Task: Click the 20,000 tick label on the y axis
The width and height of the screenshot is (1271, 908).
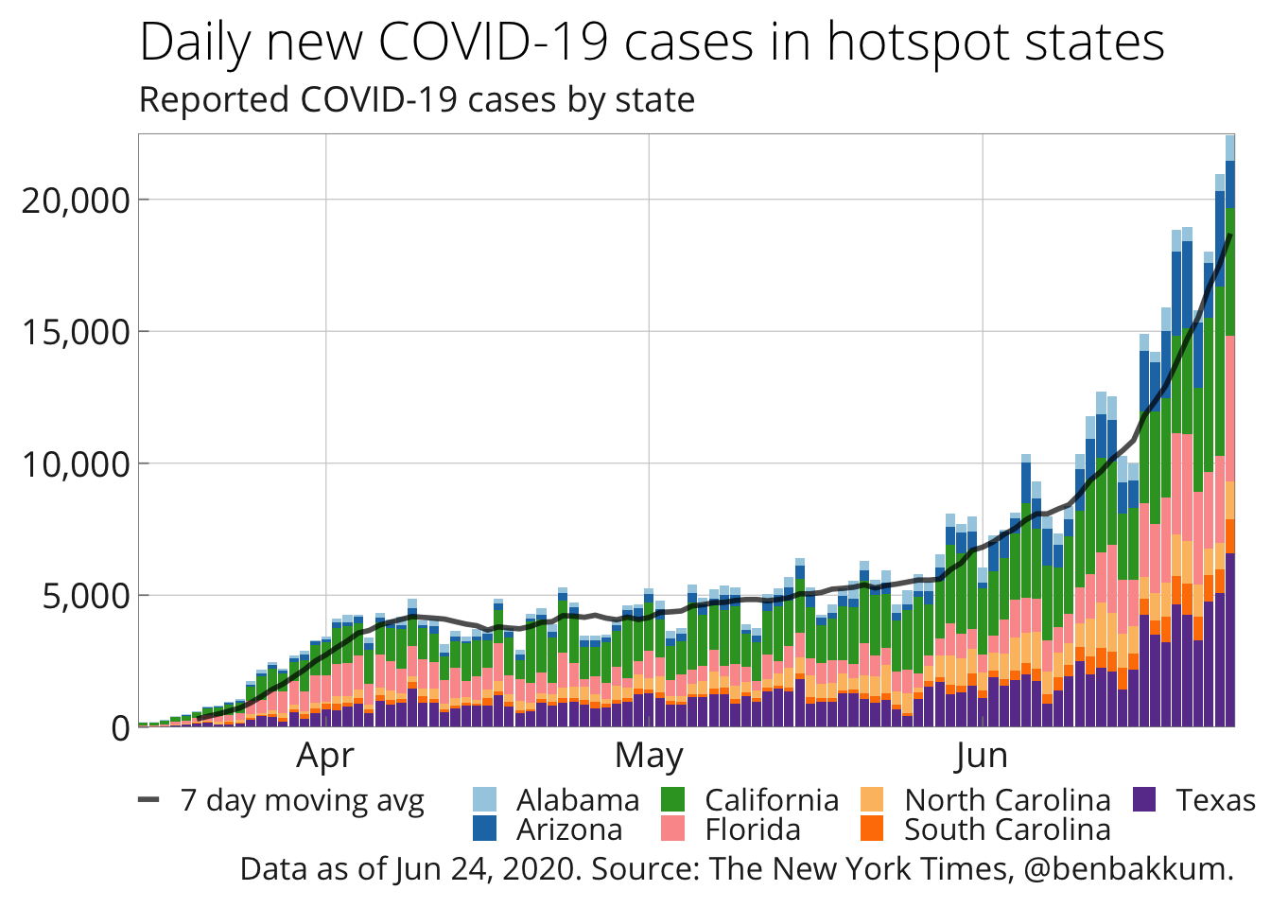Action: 75,201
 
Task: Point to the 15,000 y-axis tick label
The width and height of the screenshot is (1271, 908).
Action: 75,332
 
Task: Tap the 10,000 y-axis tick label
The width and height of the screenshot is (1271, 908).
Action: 75,464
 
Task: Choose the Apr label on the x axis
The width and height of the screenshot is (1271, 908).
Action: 325,757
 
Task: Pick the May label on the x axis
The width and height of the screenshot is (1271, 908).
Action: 649,757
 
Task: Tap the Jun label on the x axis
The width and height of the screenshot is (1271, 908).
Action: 982,757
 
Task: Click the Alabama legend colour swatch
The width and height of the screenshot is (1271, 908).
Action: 484,800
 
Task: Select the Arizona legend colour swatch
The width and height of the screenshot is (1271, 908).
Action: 484,829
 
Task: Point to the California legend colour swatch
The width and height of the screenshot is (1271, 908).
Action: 672,800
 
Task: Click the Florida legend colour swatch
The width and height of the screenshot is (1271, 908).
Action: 672,829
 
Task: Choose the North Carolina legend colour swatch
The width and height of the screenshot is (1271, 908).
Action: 872,800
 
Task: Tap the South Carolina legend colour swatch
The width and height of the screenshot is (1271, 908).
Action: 872,829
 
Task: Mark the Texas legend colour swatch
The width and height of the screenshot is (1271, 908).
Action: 1144,800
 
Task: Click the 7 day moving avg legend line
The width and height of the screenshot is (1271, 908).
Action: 148,800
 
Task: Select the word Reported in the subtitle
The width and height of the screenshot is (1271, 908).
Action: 214,99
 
